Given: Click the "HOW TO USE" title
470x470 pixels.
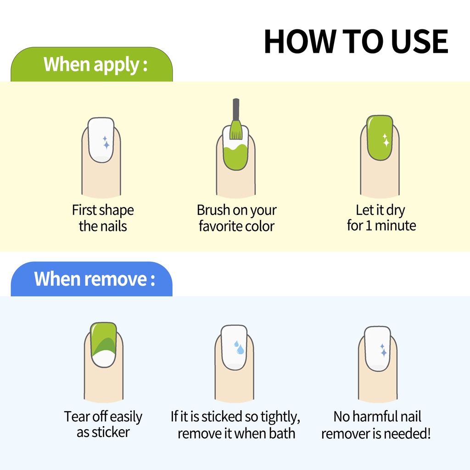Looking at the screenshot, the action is tap(356, 41).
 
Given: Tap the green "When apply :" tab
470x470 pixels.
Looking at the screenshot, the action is tap(92, 64).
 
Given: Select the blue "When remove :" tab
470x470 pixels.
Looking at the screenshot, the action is tap(92, 279).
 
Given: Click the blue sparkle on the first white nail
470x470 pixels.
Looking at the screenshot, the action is tap(106, 143).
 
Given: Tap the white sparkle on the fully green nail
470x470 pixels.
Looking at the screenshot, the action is tap(386, 140).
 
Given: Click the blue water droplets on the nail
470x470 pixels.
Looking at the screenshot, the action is tap(239, 347).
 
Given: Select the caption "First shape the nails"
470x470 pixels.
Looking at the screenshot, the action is tap(103, 218).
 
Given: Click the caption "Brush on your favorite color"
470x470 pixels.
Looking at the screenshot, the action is tap(236, 218).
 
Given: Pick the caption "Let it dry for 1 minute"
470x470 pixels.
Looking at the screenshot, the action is tap(381, 218).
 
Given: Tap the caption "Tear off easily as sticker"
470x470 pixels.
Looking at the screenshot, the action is tap(103, 425).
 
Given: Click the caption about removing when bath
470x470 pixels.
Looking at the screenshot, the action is tap(235, 425).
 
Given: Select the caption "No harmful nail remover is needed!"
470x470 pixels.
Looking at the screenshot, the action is tap(376, 425).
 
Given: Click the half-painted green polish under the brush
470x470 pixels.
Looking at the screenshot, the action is tap(236, 158).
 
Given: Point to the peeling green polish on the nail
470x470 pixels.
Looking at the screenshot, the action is tap(103, 339).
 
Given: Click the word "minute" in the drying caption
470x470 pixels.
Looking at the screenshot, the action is tap(395, 226).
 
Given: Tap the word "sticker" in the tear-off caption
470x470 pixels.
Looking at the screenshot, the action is tap(111, 432).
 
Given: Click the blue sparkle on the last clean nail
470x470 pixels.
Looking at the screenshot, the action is tap(383, 350).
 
